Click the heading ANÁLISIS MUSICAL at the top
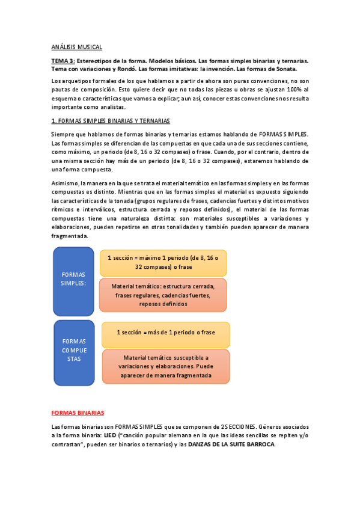tap(77, 46)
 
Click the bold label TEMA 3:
tap(63, 61)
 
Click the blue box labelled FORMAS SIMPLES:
tap(73, 278)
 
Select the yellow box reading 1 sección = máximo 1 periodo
tap(163, 262)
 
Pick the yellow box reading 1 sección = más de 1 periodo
tap(165, 333)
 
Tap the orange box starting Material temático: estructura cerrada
tap(163, 295)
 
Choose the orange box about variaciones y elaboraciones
tap(165, 366)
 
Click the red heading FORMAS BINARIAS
tap(78, 413)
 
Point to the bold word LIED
tap(109, 435)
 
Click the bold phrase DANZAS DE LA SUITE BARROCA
tap(231, 444)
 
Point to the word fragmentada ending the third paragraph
tap(70, 236)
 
